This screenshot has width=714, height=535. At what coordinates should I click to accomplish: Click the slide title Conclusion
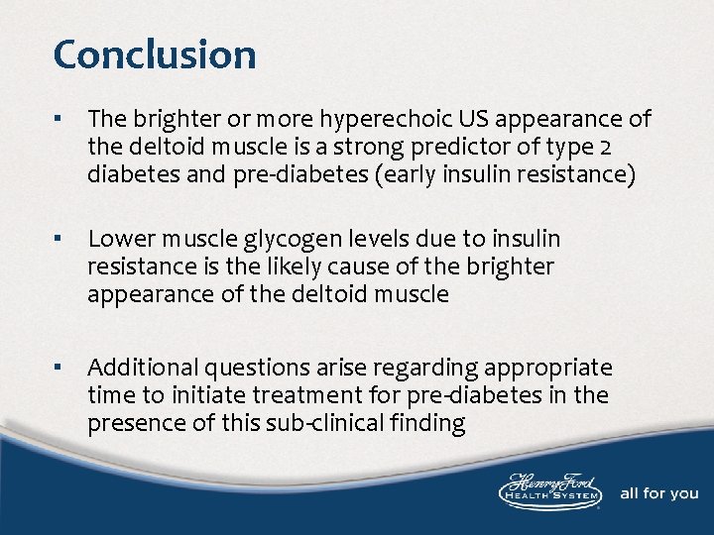(x=155, y=54)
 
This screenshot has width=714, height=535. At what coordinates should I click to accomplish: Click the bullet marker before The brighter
(x=60, y=121)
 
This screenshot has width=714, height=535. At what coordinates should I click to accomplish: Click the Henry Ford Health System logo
(x=548, y=491)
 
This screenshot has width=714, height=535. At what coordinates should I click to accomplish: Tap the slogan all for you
(x=658, y=493)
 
